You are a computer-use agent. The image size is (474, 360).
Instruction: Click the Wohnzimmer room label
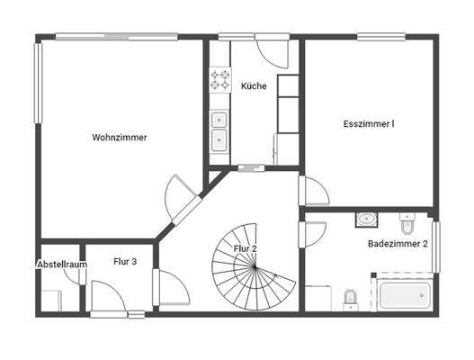119,138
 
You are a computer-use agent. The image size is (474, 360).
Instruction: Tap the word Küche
254,86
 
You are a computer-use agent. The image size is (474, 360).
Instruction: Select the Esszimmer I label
369,124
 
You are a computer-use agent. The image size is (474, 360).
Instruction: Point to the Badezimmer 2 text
398,244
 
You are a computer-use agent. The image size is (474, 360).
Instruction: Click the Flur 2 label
246,248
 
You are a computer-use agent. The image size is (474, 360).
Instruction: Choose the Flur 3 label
125,262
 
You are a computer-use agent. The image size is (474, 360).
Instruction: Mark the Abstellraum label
61,265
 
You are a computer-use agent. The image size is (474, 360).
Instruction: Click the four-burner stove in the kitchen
219,79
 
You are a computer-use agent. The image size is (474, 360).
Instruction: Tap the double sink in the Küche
219,130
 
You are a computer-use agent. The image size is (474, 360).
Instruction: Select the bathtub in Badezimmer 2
404,294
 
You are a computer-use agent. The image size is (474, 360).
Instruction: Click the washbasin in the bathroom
366,219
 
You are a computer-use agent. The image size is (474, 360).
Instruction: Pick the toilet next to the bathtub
351,298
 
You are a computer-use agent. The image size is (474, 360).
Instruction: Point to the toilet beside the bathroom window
407,217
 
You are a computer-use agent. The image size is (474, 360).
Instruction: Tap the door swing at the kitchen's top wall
273,49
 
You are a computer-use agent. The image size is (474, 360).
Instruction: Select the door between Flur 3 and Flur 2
171,287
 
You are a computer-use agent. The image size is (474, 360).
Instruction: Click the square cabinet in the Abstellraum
51,299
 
